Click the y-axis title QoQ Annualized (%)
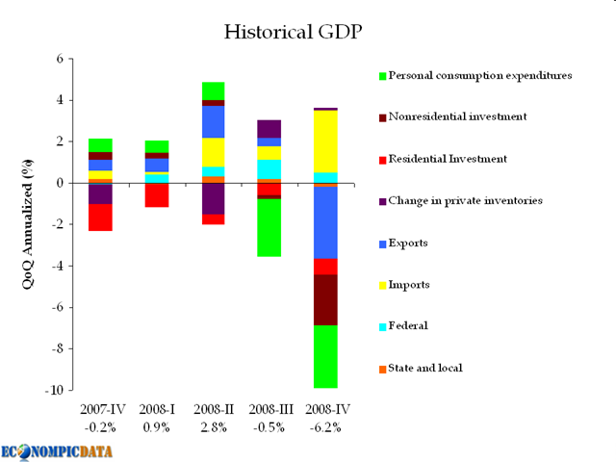29,224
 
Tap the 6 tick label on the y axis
58,59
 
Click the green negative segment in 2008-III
269,227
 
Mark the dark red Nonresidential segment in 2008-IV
326,299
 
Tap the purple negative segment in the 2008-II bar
213,198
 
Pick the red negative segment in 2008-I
157,194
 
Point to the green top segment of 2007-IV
100,144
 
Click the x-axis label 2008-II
213,411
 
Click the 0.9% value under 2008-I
157,427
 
